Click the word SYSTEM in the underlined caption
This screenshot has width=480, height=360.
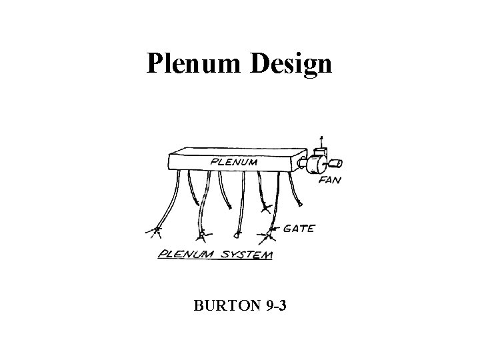[245, 253]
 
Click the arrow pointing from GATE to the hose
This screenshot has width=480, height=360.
[281, 230]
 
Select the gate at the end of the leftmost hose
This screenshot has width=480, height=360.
[157, 232]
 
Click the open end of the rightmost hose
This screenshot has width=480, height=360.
[301, 204]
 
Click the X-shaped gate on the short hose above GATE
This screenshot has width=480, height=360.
[266, 209]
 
